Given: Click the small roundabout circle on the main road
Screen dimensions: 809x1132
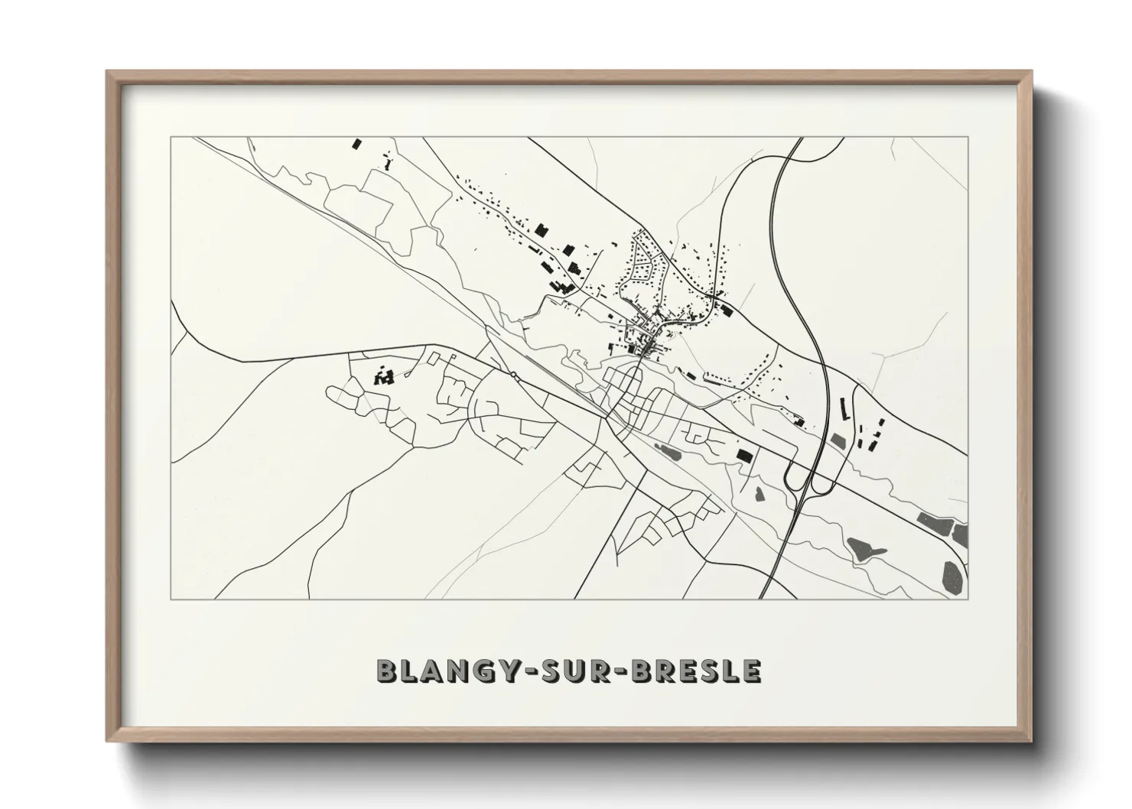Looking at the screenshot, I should pyautogui.click(x=514, y=375).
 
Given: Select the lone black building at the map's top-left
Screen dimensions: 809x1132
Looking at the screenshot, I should pyautogui.click(x=355, y=143).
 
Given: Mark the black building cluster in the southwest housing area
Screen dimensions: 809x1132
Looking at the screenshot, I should pyautogui.click(x=383, y=376).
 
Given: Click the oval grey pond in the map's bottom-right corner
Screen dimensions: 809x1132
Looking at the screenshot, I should pyautogui.click(x=952, y=575).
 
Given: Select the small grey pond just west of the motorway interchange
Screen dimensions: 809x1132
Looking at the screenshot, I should pyautogui.click(x=759, y=493).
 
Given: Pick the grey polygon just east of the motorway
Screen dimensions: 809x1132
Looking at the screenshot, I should pyautogui.click(x=839, y=442).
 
